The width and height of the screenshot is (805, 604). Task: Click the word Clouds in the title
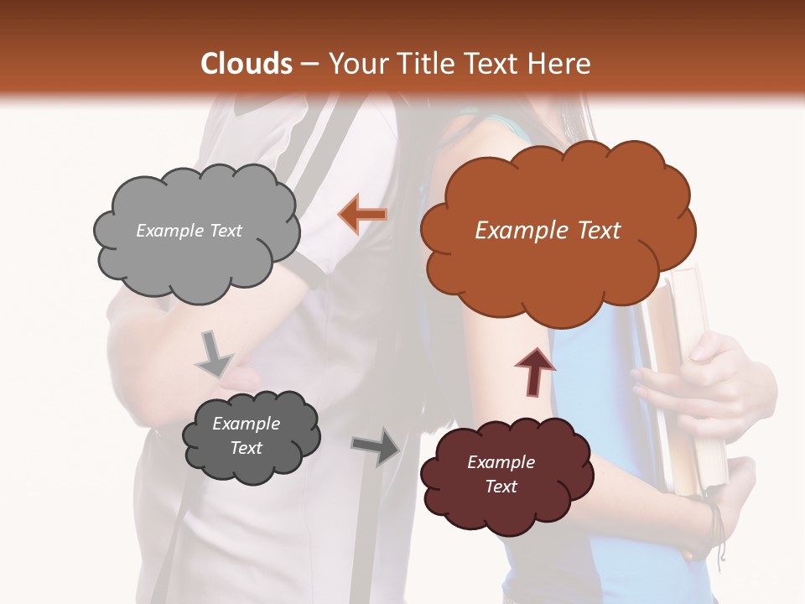tap(247, 64)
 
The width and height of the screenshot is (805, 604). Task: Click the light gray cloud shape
tap(195, 252)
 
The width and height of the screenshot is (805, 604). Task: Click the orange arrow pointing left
tap(362, 215)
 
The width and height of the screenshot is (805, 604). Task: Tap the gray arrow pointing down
tap(215, 353)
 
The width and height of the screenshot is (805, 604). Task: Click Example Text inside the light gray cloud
tap(189, 231)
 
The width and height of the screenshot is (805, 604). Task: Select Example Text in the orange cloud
tap(548, 231)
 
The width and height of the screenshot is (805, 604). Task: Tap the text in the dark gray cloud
tap(246, 435)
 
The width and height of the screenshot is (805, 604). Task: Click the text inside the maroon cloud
tap(501, 474)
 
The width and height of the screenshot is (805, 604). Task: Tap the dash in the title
tap(310, 65)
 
